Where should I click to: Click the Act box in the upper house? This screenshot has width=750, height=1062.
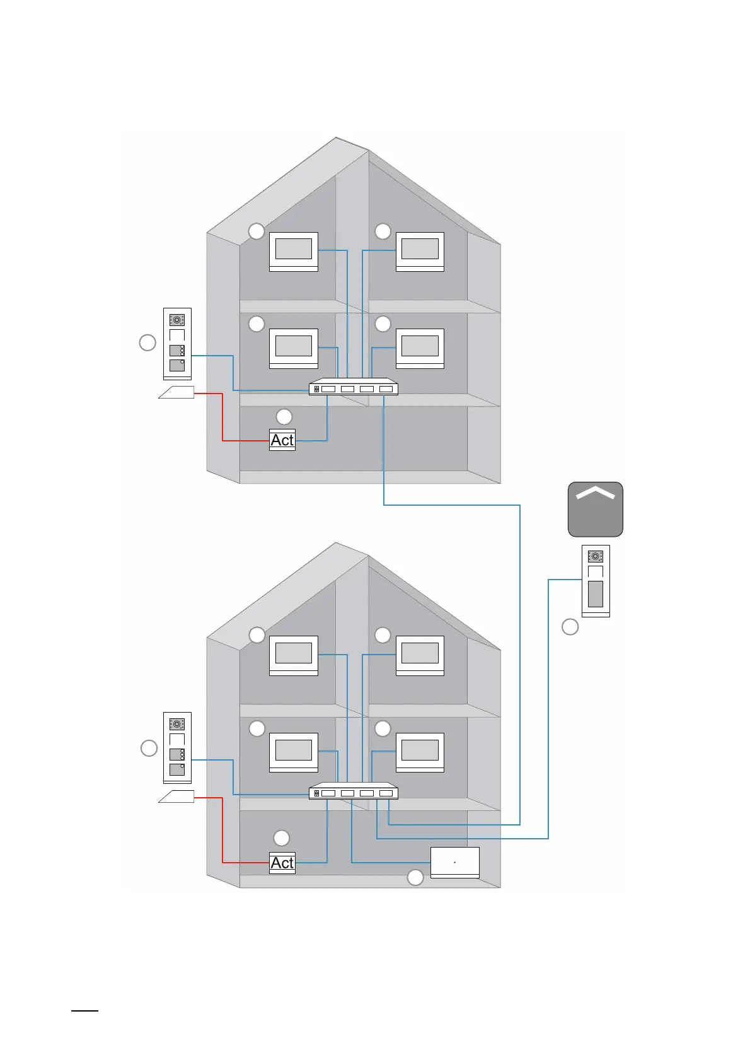click(282, 440)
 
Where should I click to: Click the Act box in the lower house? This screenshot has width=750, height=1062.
click(282, 863)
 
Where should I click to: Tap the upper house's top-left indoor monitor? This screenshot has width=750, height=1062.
click(294, 251)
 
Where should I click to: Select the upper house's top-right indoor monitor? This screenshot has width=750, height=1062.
click(420, 251)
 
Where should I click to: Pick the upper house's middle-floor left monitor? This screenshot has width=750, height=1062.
click(294, 348)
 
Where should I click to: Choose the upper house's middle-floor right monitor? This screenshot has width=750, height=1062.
click(420, 348)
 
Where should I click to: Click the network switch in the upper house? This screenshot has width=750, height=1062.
click(353, 388)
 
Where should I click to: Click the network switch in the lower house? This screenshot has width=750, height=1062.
click(353, 792)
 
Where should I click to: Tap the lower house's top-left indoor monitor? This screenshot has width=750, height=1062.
click(294, 655)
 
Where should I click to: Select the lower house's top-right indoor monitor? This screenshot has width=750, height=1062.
click(420, 655)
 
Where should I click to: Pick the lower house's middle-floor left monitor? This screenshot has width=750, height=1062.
click(294, 752)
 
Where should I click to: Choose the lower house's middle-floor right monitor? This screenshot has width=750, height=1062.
click(420, 752)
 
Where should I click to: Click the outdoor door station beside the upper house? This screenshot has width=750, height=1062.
click(177, 344)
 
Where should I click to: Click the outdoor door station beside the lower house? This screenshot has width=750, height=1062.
click(177, 748)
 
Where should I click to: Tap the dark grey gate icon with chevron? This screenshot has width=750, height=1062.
click(595, 510)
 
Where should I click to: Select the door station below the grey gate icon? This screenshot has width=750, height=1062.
click(595, 581)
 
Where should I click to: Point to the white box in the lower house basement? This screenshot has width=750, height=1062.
click(454, 862)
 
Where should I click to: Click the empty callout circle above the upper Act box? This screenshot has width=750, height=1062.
click(284, 416)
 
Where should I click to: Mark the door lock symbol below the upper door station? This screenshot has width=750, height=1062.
click(176, 393)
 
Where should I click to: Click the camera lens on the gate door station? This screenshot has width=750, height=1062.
click(595, 556)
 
